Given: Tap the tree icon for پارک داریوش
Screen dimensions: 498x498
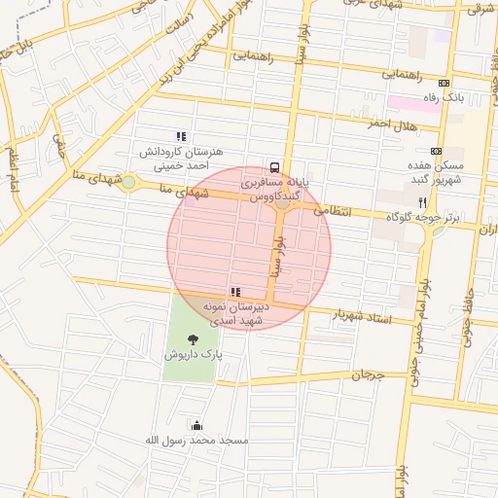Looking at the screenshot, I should (193, 339).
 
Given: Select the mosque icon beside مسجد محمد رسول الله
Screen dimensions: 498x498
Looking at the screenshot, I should (197, 425).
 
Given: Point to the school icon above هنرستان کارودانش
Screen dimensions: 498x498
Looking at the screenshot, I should (179, 137).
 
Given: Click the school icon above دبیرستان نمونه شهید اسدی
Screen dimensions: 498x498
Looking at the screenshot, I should (234, 291).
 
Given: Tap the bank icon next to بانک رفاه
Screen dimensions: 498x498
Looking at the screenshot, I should (445, 83).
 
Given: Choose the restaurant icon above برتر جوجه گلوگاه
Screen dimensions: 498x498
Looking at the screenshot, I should (422, 201).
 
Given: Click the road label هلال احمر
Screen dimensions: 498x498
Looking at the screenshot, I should (391, 126).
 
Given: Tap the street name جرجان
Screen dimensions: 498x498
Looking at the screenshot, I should (368, 374).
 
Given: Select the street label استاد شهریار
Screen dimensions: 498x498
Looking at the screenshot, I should (361, 315).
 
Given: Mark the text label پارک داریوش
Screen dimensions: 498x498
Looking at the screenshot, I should (193, 356).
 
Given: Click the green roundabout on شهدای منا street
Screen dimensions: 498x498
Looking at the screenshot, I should (128, 182).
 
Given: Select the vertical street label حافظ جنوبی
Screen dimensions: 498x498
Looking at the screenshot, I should (474, 316).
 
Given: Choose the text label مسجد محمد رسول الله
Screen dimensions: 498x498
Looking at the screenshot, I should (197, 441).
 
